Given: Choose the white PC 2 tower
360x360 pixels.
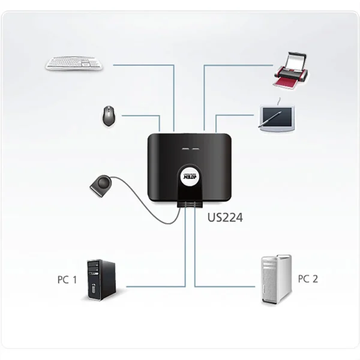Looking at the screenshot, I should point(276,280).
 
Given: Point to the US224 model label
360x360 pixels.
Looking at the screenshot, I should point(224,218).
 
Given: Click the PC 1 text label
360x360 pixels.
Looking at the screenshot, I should point(67,280).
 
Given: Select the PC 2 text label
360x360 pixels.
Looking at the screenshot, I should point(307,279).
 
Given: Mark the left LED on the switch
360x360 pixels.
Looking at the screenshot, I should point(178,148).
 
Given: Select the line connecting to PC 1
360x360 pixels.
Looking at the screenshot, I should point(156,286).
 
